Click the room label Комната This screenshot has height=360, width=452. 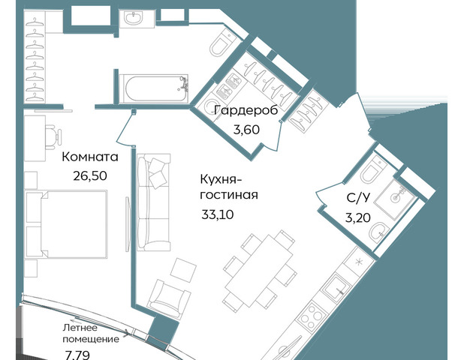pos(90,157)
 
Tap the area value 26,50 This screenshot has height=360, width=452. pos(90,175)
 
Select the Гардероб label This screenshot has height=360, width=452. pos(246,110)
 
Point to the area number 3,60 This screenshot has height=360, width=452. pos(246,130)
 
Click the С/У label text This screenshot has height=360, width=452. pos(357,198)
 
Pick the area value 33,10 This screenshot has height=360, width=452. pos(217,214)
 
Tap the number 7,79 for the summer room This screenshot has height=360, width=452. pos(77,355)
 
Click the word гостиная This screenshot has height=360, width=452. pos(229,195)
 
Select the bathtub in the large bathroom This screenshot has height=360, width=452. pos(154,88)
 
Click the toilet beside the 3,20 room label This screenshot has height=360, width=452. pos(372,170)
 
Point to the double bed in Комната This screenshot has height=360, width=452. pos(66,224)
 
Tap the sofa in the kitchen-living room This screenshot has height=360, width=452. pos(154,202)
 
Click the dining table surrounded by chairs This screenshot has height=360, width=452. pos(258,271)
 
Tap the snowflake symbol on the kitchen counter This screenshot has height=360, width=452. pos(359,262)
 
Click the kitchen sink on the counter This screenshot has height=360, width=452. pos(336,288)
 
